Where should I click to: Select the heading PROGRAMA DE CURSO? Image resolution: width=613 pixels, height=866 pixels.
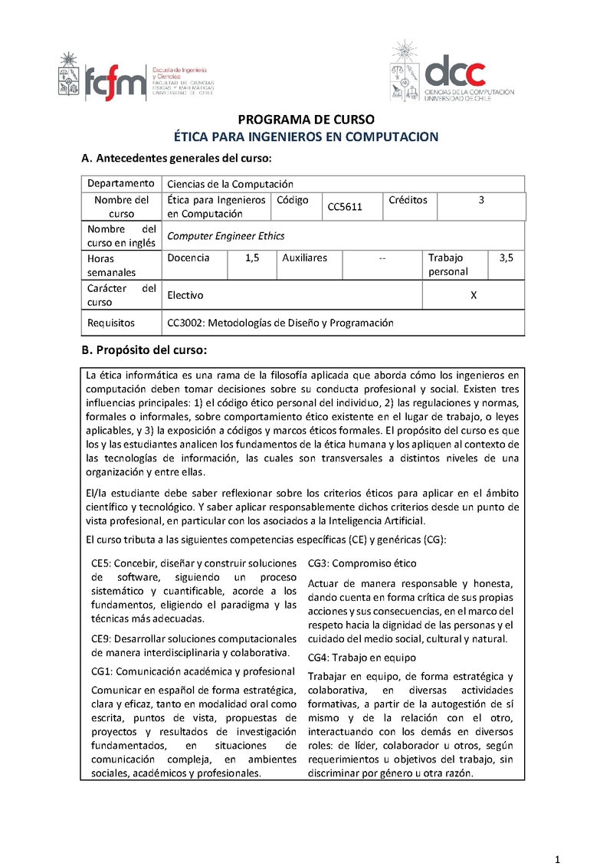click(306, 120)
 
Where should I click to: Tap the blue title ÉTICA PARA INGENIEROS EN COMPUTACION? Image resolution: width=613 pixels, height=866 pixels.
click(306, 137)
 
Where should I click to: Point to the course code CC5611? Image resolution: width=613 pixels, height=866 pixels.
click(345, 207)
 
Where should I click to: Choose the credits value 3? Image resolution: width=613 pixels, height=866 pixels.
click(481, 200)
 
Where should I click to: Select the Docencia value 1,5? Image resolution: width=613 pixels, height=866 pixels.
click(252, 258)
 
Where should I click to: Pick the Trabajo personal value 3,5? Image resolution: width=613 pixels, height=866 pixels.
click(506, 258)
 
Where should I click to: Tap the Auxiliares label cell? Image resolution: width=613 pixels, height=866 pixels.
click(304, 258)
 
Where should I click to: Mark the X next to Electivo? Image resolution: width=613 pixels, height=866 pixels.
click(473, 295)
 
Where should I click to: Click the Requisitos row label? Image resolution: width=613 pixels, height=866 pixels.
click(111, 323)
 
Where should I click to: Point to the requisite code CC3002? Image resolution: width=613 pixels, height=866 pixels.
click(185, 323)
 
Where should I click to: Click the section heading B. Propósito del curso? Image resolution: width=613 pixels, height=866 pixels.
click(143, 350)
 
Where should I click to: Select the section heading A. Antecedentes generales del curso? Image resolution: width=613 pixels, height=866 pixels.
click(176, 159)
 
